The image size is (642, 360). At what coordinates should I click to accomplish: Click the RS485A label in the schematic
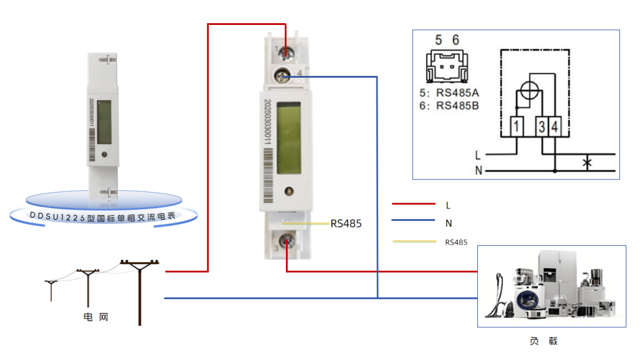tap(457, 93)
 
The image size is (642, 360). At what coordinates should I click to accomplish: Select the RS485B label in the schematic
tap(457, 106)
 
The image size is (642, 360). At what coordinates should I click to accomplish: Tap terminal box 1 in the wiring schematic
tap(518, 126)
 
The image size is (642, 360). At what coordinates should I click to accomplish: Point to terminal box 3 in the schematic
tap(542, 126)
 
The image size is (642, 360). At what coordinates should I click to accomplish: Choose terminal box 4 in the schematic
tap(554, 126)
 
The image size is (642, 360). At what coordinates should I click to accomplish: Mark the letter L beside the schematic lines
tap(477, 155)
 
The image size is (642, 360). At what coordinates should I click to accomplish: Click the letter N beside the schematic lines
tap(477, 171)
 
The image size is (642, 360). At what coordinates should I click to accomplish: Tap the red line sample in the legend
tap(414, 204)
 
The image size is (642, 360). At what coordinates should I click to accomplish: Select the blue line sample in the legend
tap(414, 220)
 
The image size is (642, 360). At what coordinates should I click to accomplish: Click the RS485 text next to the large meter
tap(346, 224)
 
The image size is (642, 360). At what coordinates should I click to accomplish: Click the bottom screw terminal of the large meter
tap(287, 241)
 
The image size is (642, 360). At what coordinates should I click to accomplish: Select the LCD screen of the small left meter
tap(105, 122)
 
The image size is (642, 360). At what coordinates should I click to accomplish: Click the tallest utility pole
tap(140, 291)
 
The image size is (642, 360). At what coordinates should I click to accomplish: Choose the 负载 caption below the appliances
tap(543, 341)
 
